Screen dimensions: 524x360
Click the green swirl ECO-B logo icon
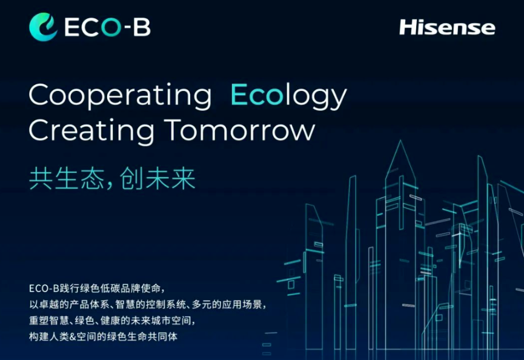pos(43,27)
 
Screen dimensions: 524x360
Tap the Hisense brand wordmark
pos(447,27)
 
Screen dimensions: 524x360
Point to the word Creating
pos(91,131)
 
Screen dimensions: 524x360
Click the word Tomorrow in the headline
pos(240,130)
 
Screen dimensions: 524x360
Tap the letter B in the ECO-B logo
pos(142,27)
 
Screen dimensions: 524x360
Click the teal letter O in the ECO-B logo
pos(111,27)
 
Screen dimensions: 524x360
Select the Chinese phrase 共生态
pos(67,179)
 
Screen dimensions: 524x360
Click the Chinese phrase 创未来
pos(158,179)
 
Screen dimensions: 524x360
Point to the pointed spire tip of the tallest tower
pos(400,141)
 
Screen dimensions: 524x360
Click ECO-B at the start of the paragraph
pos(44,288)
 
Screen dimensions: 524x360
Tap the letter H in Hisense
pos(408,27)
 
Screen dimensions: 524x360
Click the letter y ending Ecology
pos(337,99)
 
